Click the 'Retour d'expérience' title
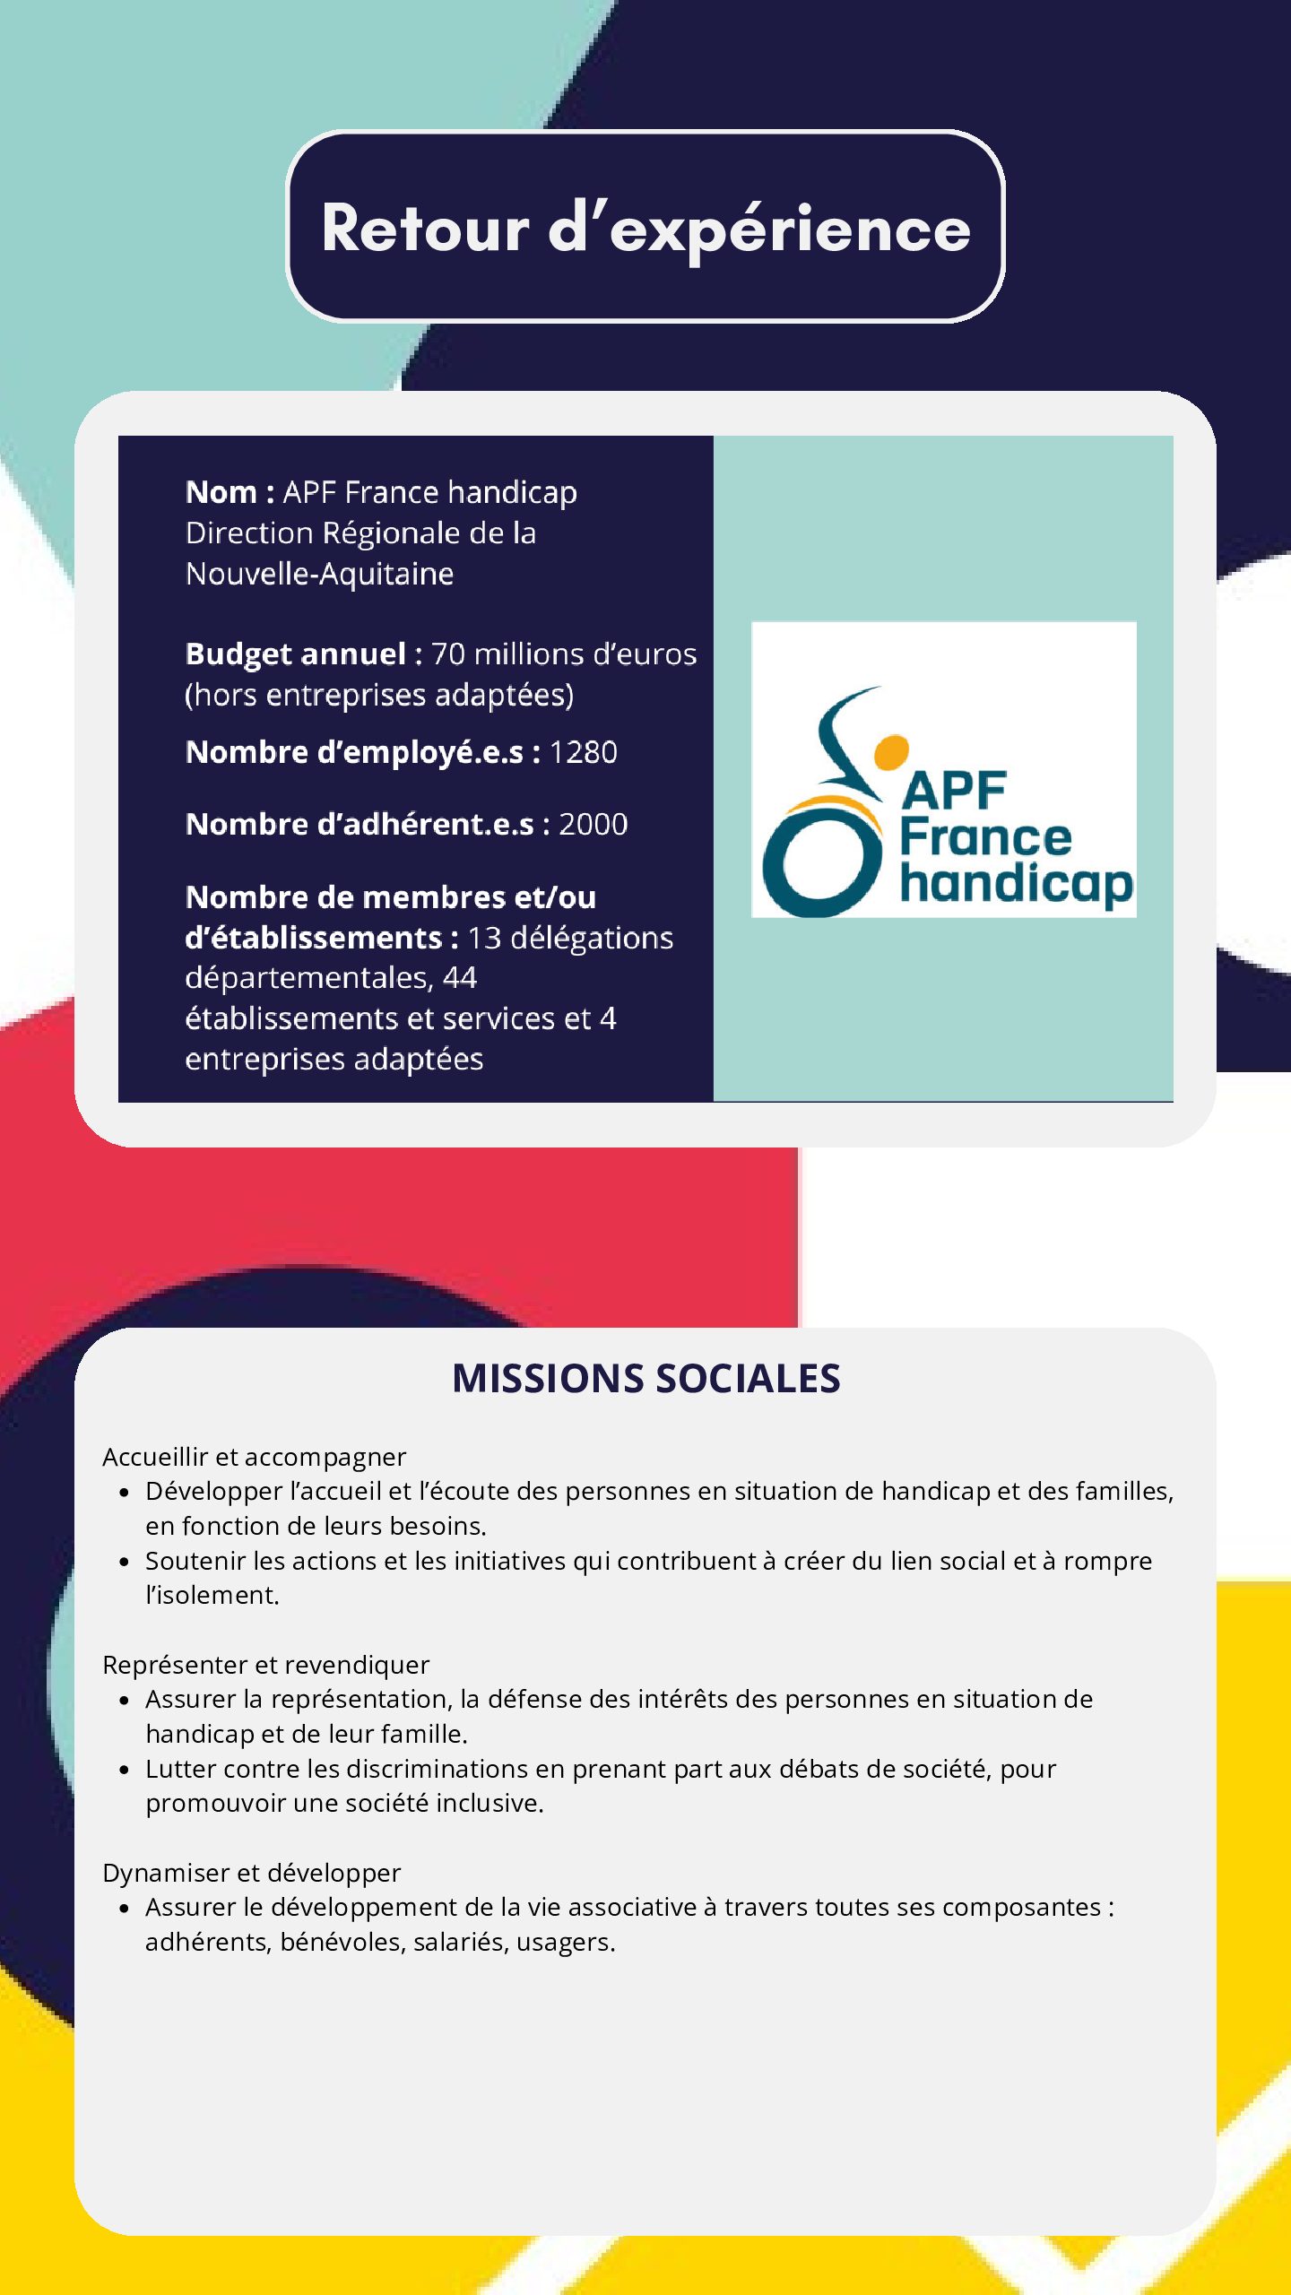[645, 228]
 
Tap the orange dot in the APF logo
[891, 752]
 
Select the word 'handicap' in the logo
[1017, 884]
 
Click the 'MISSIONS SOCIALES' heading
[645, 1379]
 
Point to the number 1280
[583, 752]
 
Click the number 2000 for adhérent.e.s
[593, 824]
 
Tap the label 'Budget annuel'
[296, 654]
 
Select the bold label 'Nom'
[221, 492]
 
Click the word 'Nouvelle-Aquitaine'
[319, 574]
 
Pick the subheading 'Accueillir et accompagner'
[254, 1457]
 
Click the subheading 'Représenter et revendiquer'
[265, 1665]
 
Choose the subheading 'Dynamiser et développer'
[251, 1873]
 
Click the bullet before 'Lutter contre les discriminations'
[125, 1770]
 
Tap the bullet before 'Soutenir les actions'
[125, 1562]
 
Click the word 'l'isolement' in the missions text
[212, 1596]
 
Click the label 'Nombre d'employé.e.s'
[354, 752]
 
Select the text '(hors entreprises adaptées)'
[379, 695]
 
